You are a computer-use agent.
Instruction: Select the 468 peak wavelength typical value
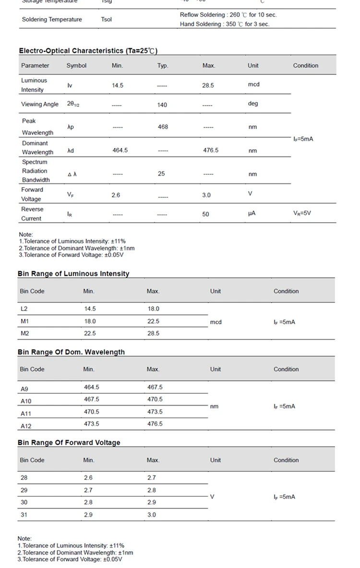(163, 127)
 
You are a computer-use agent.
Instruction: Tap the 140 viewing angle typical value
(162, 105)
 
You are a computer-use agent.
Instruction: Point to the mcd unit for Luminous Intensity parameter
(253, 85)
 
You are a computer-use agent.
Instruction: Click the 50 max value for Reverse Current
(205, 214)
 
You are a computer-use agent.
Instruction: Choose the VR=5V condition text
(302, 213)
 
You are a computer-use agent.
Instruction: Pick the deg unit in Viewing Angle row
(253, 104)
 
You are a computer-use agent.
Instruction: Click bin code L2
(24, 309)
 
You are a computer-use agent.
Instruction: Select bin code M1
(24, 321)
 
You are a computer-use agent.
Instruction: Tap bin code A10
(26, 401)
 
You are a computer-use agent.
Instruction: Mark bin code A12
(26, 426)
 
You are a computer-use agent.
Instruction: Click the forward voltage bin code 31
(24, 515)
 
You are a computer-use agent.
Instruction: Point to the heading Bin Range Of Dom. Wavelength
(71, 352)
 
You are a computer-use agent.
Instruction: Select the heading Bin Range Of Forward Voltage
(69, 443)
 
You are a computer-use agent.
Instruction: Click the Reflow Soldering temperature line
(228, 15)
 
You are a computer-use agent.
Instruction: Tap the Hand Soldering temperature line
(224, 24)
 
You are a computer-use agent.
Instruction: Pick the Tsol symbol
(106, 20)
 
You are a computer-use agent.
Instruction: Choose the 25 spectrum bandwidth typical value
(161, 174)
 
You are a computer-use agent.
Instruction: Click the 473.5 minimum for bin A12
(92, 424)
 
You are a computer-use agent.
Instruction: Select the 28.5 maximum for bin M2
(153, 333)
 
